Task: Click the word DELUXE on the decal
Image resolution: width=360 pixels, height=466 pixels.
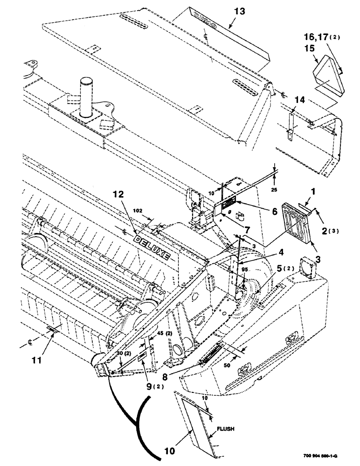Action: click(x=153, y=245)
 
